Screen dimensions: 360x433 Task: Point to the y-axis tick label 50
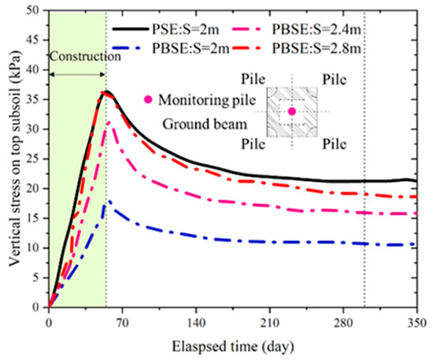point(35,10)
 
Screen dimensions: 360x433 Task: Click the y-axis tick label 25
point(35,158)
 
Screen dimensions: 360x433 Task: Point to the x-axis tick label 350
point(416,321)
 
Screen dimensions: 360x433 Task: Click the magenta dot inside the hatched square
point(291,112)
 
